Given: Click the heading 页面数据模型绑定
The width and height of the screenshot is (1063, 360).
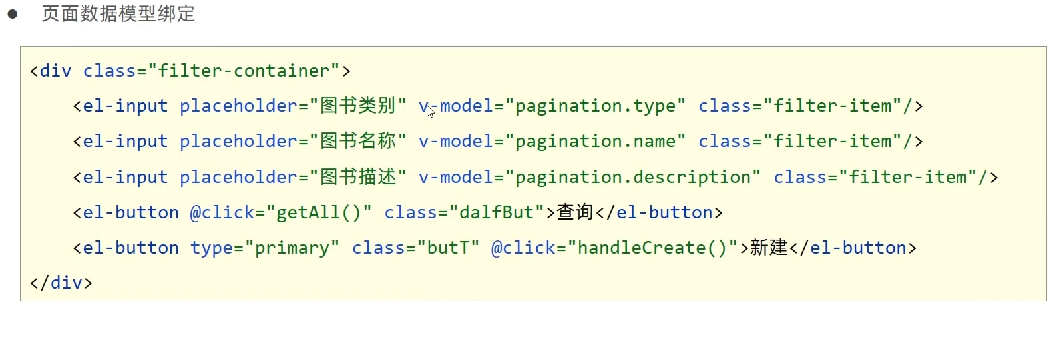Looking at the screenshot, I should (118, 14).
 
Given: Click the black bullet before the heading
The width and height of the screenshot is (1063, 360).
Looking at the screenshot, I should (13, 14).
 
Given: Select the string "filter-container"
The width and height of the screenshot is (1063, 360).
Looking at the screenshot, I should (244, 71).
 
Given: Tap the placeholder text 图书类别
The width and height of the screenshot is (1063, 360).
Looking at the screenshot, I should (358, 106).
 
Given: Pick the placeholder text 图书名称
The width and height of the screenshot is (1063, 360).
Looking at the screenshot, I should (358, 141).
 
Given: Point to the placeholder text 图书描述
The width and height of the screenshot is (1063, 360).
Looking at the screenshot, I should (358, 177).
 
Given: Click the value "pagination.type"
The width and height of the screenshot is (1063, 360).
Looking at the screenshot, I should (595, 106).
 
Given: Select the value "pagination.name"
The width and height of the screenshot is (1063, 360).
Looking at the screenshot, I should (595, 141).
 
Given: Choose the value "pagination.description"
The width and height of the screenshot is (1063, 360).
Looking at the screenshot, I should (632, 177).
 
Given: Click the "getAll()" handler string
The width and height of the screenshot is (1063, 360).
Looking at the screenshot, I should (319, 212).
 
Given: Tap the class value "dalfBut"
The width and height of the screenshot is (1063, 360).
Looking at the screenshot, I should (497, 212).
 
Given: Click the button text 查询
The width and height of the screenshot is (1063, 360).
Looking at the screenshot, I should (574, 212).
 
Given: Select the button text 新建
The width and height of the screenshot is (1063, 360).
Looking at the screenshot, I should (769, 248).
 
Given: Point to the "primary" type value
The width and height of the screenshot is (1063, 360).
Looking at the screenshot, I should (292, 248).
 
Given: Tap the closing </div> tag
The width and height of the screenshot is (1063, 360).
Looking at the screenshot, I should (61, 283).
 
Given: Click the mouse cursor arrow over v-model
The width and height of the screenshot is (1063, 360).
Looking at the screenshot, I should (430, 111).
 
